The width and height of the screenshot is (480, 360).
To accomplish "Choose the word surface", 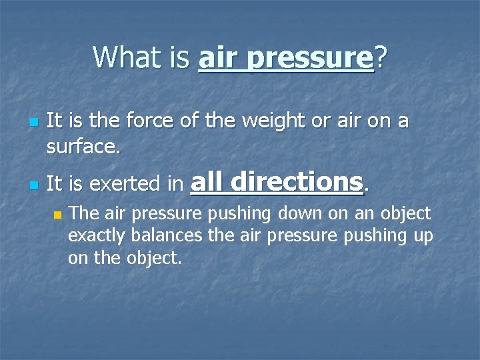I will point(83,145).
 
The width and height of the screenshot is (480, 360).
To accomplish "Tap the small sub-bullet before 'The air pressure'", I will point(57,216).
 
